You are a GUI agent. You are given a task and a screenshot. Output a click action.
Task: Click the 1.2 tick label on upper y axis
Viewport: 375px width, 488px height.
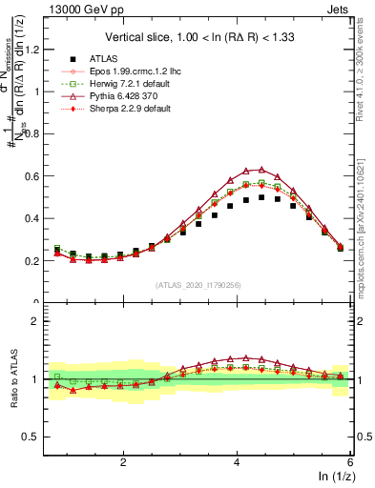tap(31, 50)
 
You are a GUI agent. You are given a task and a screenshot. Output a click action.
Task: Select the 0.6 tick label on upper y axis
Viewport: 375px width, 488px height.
tap(31, 176)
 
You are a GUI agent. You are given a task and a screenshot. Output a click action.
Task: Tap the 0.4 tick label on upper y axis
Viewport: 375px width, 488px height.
tap(31, 218)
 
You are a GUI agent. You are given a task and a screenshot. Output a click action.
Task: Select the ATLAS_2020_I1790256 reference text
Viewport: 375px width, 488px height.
tap(199, 285)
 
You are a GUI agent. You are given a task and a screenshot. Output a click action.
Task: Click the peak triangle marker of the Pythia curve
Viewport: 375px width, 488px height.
tap(261, 170)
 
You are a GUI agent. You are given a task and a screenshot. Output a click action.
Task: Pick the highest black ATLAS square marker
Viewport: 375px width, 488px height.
tap(261, 197)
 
